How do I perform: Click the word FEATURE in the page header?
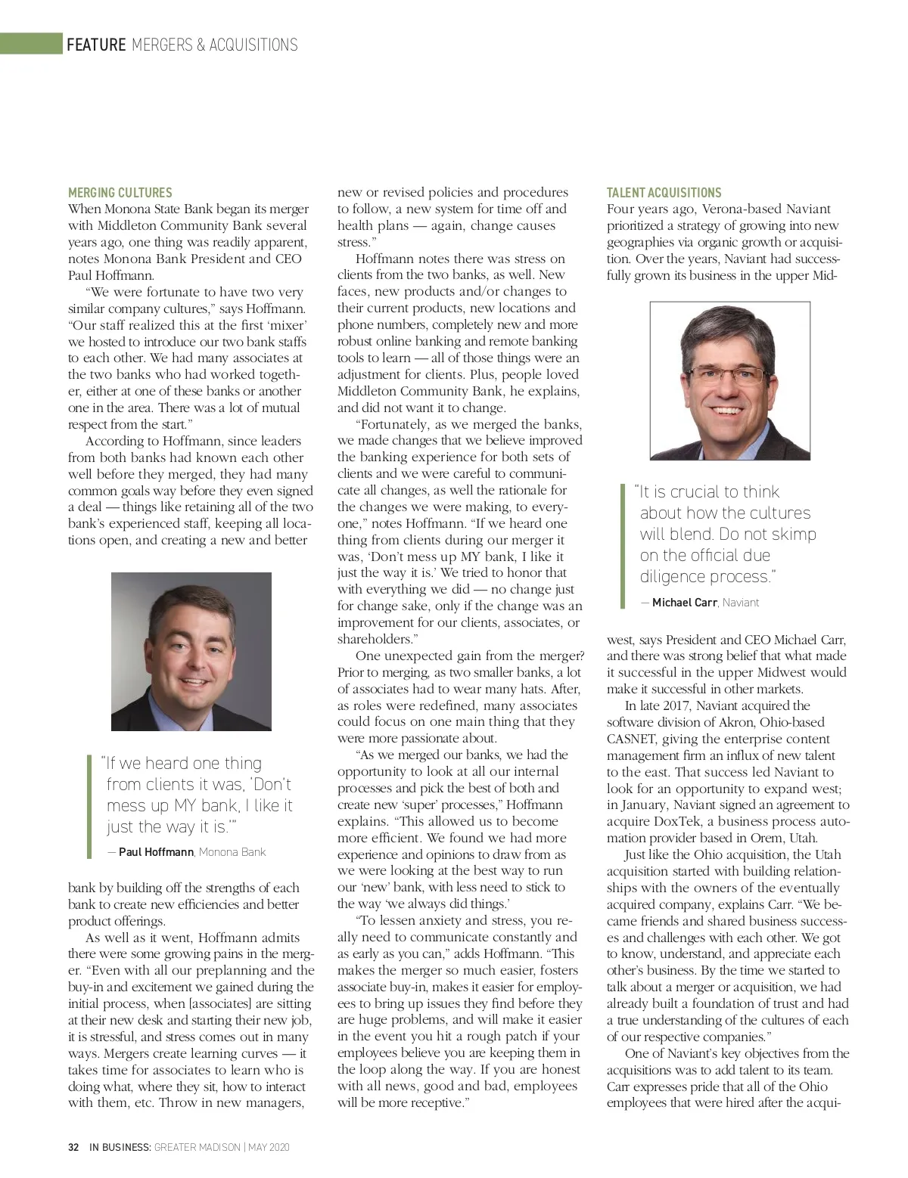coord(96,45)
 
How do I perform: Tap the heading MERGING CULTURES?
coord(120,193)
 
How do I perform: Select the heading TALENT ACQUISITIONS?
coord(664,193)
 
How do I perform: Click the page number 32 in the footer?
coord(73,1147)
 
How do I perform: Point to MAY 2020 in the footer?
coord(269,1147)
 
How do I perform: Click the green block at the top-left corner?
coord(31,43)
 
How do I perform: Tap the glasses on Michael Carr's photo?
coord(729,374)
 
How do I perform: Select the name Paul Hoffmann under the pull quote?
coord(156,852)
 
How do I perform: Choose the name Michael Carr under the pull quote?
coord(684,603)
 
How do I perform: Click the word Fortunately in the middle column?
coord(394,424)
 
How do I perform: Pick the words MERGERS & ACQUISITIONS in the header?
coord(215,45)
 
